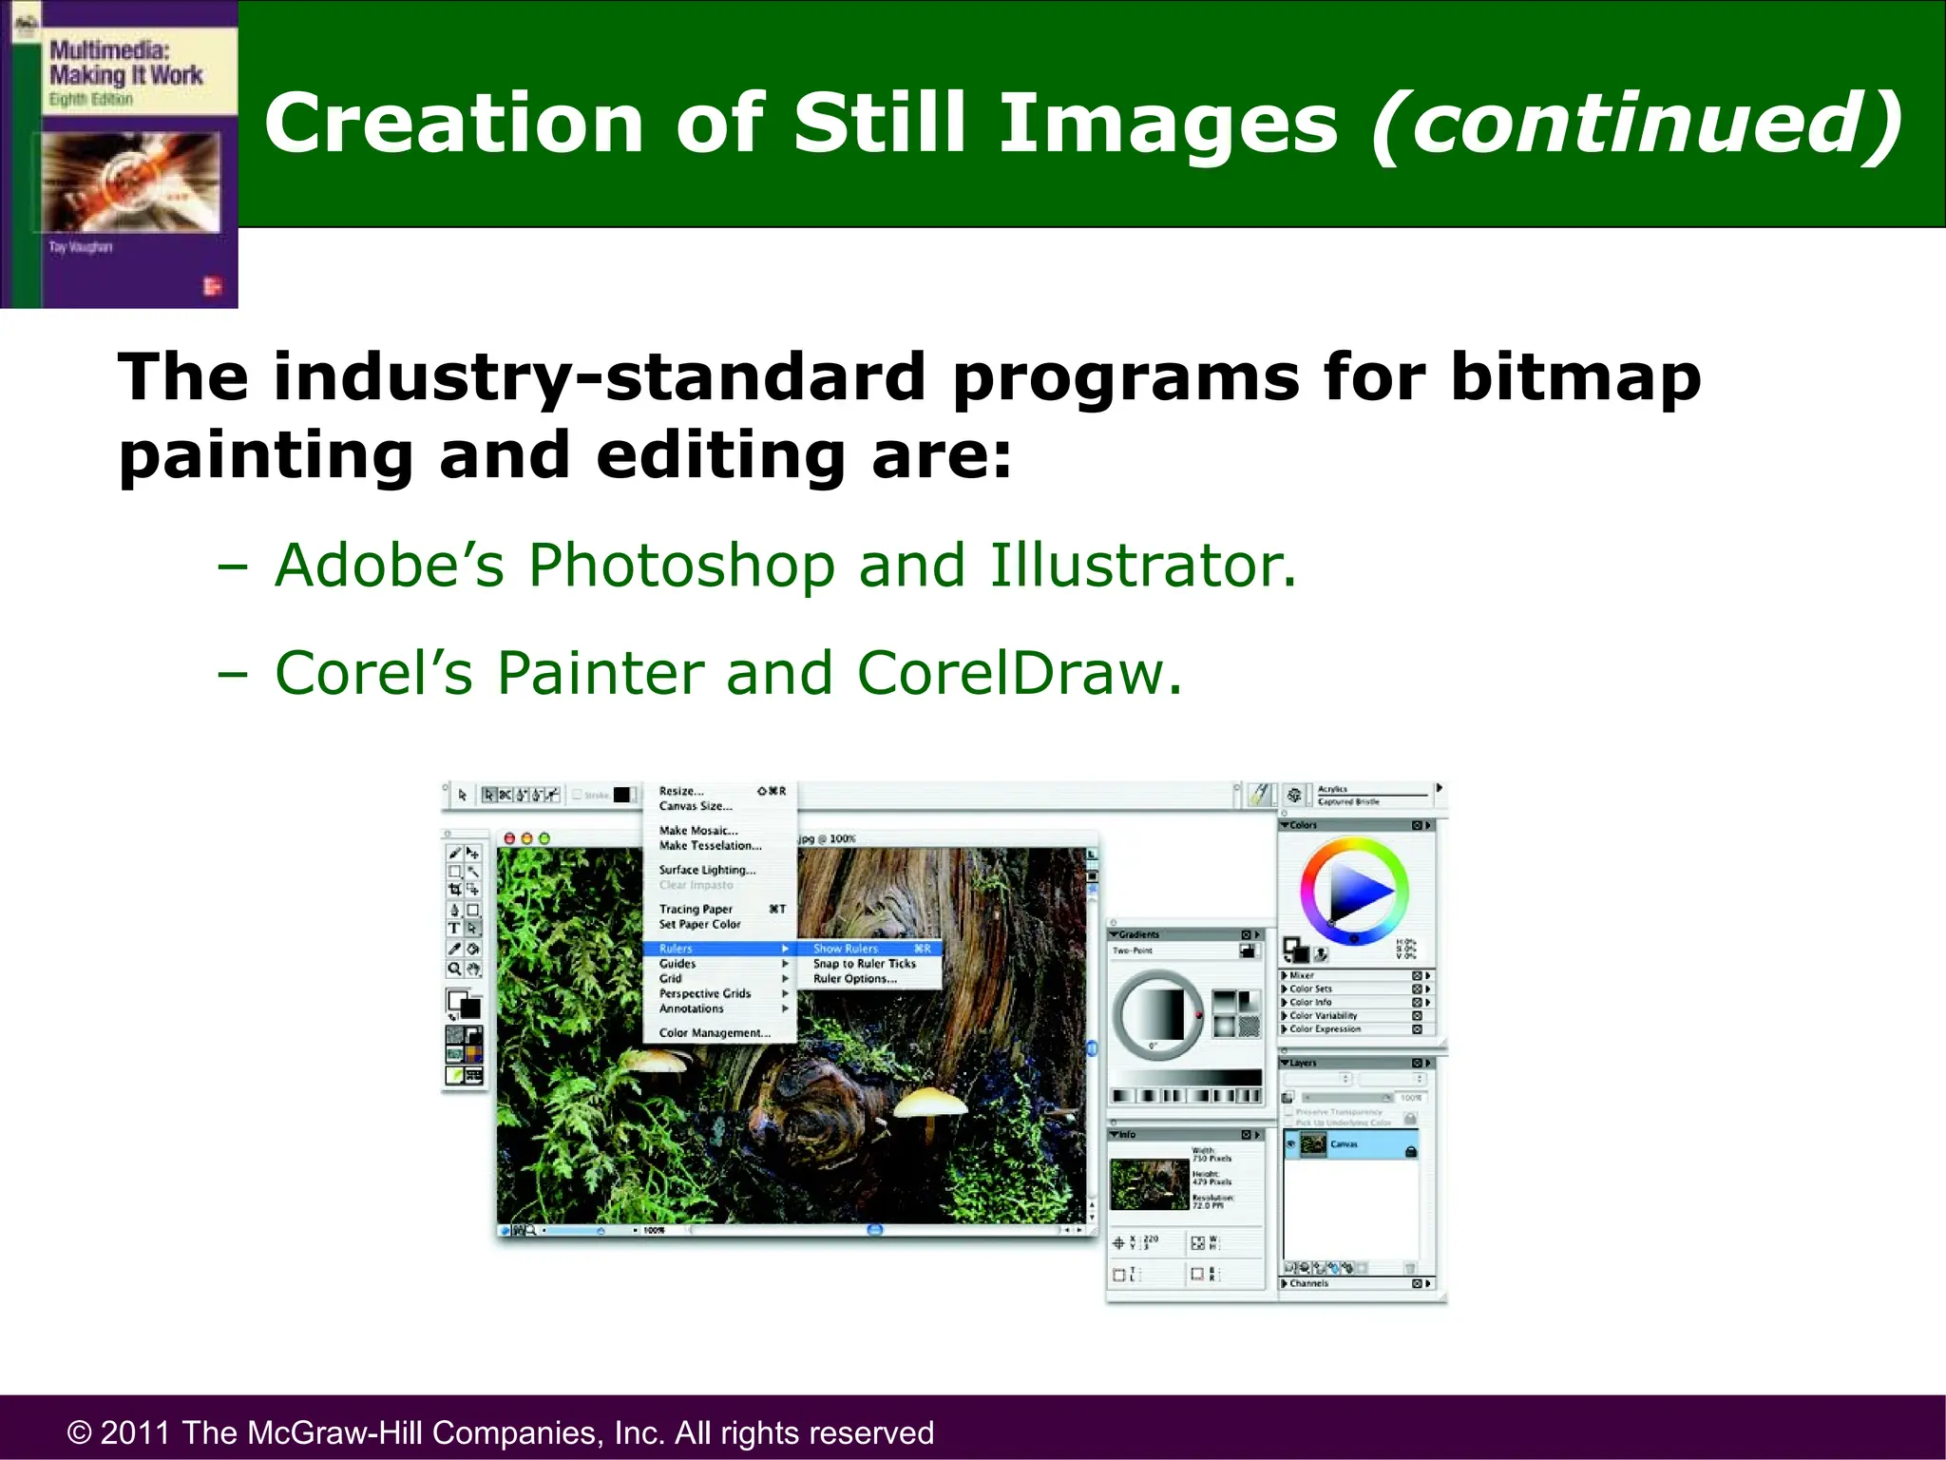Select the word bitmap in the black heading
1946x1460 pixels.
click(1574, 378)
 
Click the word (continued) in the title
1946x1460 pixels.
click(1636, 124)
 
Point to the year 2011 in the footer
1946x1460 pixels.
click(136, 1432)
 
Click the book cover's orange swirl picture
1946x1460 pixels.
click(130, 181)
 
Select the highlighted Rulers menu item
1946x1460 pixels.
click(677, 949)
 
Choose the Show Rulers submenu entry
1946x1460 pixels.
click(846, 949)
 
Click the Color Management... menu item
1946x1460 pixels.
click(714, 1033)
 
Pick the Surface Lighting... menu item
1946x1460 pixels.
click(707, 870)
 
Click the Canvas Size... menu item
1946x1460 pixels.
click(696, 806)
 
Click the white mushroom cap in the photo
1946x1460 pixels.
click(929, 1103)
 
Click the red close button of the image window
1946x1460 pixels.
click(509, 838)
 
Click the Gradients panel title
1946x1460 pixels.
click(1138, 934)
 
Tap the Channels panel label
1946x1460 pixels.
click(1308, 1283)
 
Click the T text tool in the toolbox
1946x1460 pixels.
click(454, 928)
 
